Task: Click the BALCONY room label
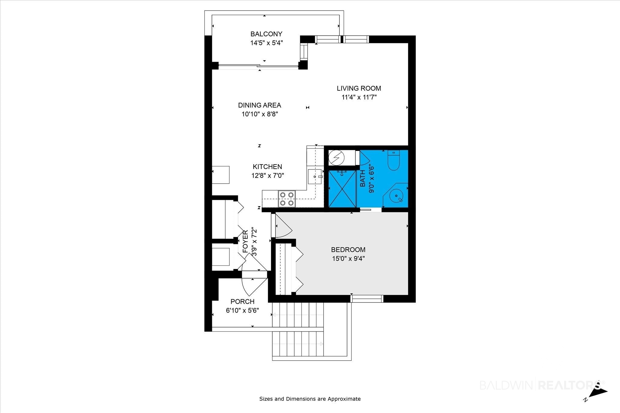point(266,34)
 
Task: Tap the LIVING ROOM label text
point(359,88)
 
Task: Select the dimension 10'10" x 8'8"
point(260,114)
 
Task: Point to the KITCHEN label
point(267,167)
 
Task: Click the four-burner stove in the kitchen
point(287,199)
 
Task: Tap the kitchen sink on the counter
point(315,177)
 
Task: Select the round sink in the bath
point(397,196)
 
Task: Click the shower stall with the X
point(342,189)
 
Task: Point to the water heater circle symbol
point(336,158)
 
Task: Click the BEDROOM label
point(348,250)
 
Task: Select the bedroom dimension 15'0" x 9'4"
point(348,259)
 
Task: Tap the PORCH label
point(242,301)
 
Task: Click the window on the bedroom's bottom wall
point(367,299)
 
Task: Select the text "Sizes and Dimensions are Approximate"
point(310,399)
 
